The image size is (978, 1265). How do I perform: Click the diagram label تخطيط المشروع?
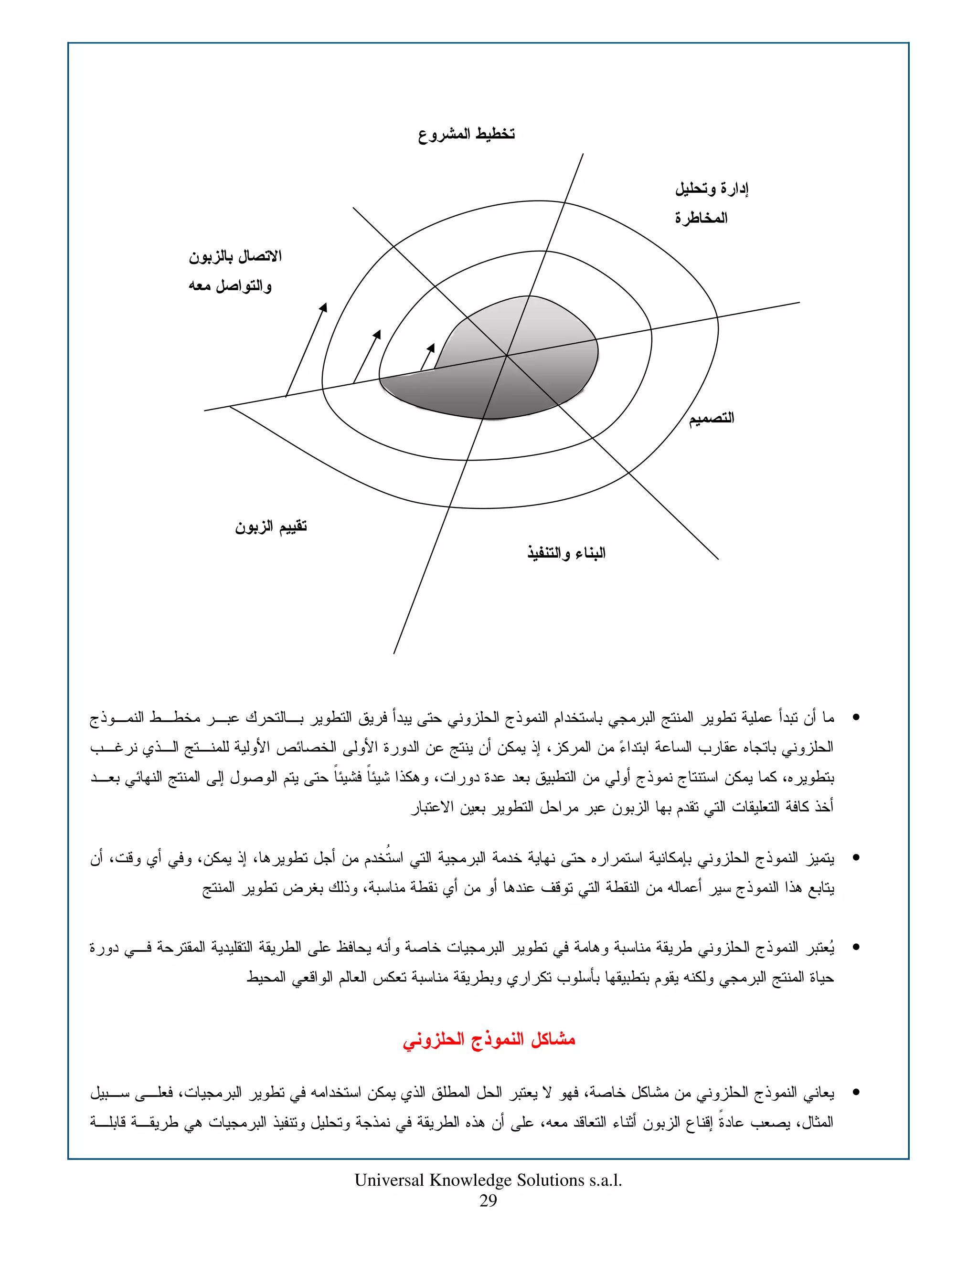pyautogui.click(x=467, y=135)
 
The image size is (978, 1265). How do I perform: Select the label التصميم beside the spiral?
pyautogui.click(x=711, y=418)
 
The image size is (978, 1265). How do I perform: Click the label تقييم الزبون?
pyautogui.click(x=271, y=527)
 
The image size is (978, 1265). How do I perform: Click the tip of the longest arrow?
pyautogui.click(x=326, y=305)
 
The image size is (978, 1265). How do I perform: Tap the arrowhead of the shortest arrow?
pyautogui.click(x=432, y=346)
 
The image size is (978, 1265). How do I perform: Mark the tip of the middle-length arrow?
pyautogui.click(x=380, y=332)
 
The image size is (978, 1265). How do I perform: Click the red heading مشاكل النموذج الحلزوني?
pyautogui.click(x=489, y=1040)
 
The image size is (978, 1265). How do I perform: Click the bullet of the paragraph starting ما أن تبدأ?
pyautogui.click(x=856, y=718)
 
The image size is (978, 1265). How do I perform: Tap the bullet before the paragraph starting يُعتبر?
pyautogui.click(x=856, y=948)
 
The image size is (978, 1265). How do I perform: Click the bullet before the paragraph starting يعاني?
pyautogui.click(x=856, y=1093)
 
